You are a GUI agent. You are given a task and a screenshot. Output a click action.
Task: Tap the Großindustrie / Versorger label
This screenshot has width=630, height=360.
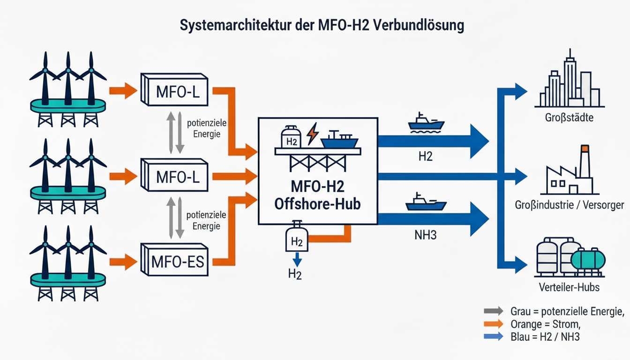pos(569,205)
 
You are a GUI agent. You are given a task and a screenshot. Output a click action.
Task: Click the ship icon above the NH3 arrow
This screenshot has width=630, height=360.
pos(426,202)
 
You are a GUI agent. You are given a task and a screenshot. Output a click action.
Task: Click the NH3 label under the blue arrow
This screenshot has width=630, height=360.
pos(426,235)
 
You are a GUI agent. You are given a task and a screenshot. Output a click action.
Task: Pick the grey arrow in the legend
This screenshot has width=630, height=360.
pos(493,311)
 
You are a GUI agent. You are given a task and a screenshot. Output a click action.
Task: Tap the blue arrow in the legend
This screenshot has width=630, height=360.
pos(493,336)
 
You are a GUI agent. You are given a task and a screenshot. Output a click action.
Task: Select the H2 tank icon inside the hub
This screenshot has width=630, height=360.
pos(291,138)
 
